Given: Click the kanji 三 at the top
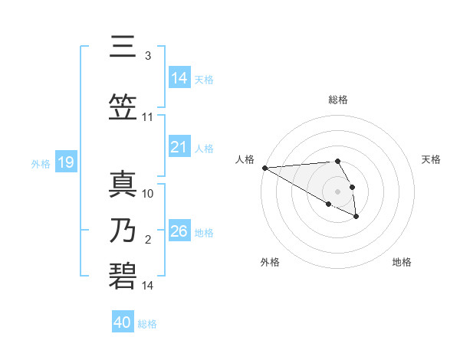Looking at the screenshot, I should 123,47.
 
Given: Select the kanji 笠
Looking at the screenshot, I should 123,108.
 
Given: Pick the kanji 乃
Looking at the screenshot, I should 123,230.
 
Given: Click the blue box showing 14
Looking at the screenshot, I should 179,78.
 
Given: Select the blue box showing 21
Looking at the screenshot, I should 179,147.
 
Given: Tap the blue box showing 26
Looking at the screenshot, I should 179,231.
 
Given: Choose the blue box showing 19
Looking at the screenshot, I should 65,162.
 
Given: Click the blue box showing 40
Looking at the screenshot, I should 123,322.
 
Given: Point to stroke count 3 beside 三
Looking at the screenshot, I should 148,57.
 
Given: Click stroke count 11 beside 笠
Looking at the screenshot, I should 148,117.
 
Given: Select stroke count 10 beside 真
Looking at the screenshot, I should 148,194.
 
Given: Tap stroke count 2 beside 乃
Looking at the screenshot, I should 148,240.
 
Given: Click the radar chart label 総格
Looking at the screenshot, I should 338,100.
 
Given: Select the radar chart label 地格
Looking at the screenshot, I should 402,262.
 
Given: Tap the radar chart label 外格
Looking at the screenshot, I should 270,262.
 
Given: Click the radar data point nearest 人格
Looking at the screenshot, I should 264,168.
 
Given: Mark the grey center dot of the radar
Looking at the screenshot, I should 337,191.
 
